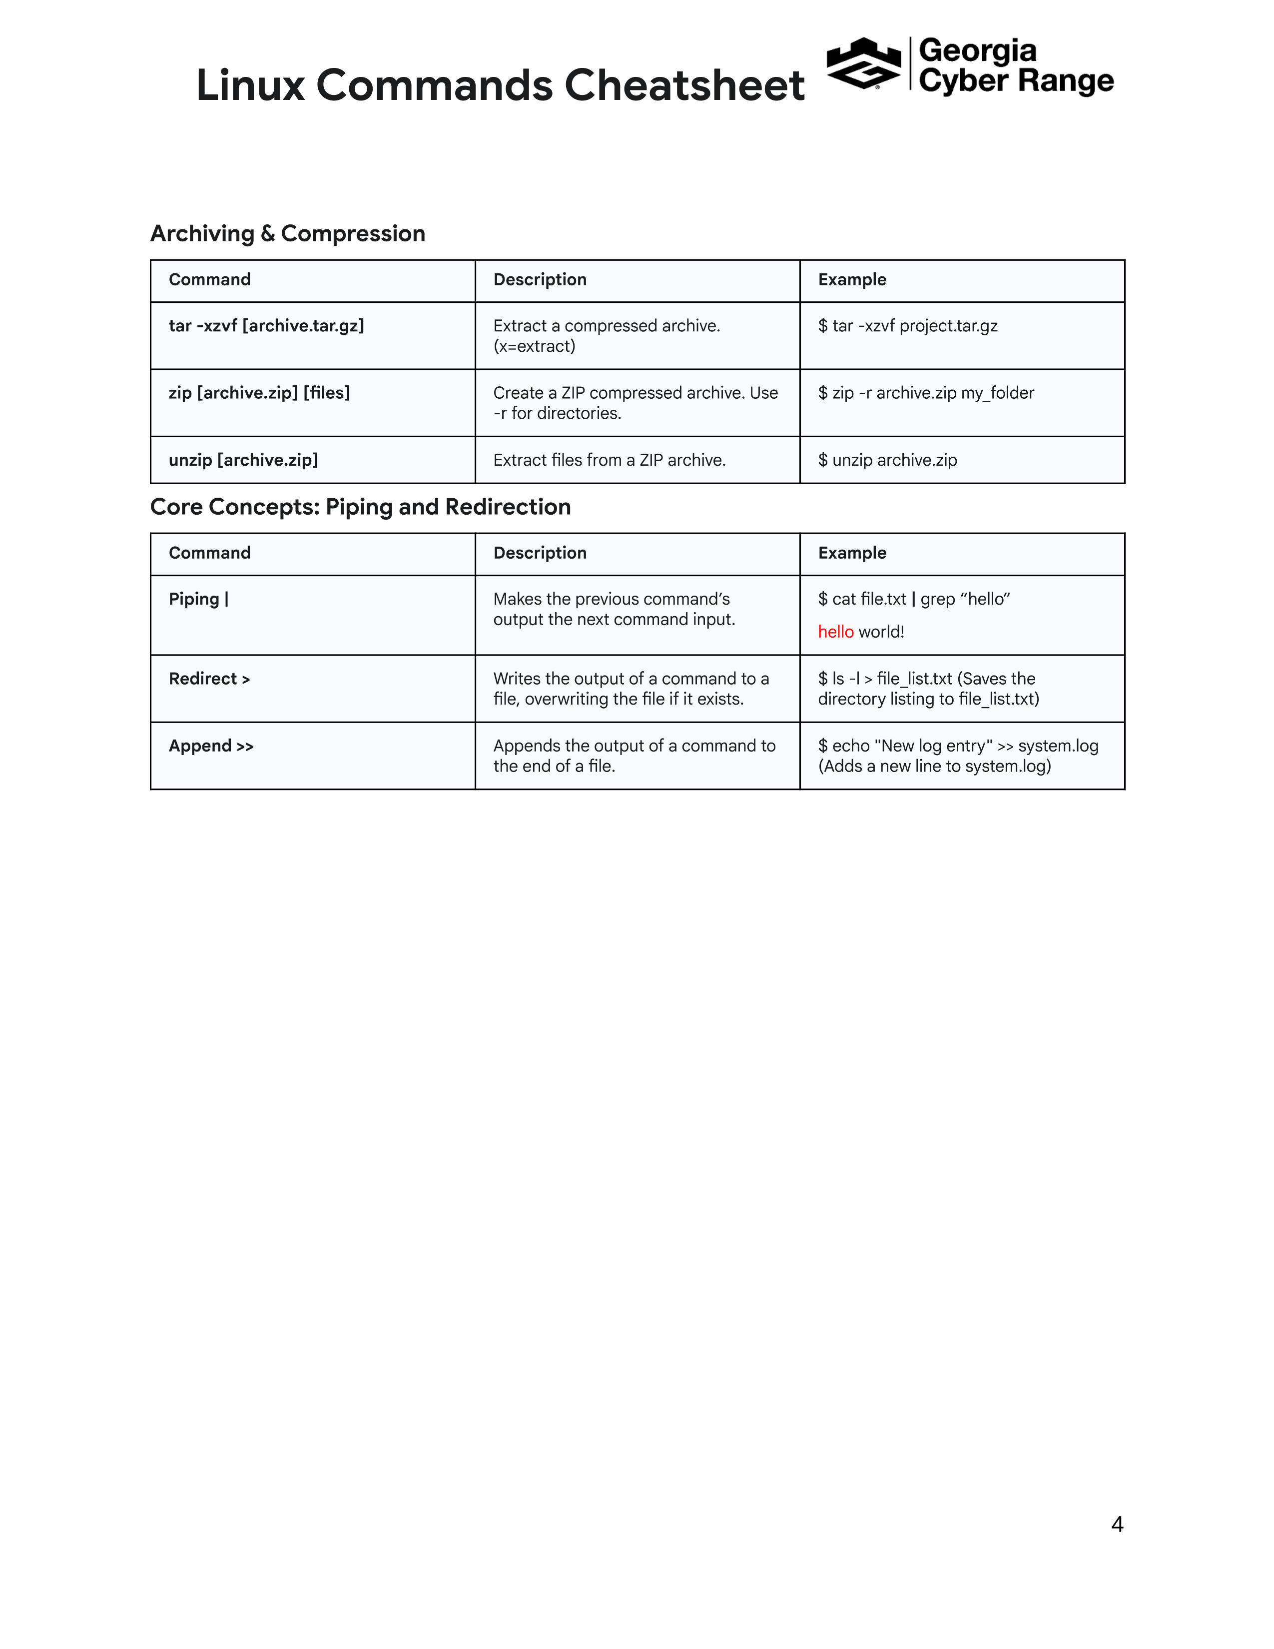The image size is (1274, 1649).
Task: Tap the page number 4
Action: click(1117, 1525)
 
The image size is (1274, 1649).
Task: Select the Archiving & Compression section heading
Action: click(288, 233)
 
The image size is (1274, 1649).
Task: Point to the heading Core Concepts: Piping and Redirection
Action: click(360, 507)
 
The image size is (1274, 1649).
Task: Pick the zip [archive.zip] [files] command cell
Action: click(259, 393)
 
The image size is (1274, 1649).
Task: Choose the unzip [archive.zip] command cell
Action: click(243, 460)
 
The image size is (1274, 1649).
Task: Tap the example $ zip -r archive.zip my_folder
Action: click(925, 393)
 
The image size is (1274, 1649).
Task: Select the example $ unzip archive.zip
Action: click(887, 460)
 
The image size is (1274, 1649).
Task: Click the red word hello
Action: click(835, 632)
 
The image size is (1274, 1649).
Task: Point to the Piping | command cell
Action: click(198, 599)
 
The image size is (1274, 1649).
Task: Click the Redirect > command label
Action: click(209, 679)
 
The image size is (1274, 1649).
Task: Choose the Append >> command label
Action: click(210, 746)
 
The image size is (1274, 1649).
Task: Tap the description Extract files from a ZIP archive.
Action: click(609, 460)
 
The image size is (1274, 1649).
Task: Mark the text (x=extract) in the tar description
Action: click(535, 347)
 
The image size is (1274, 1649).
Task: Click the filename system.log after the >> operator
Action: click(1058, 746)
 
